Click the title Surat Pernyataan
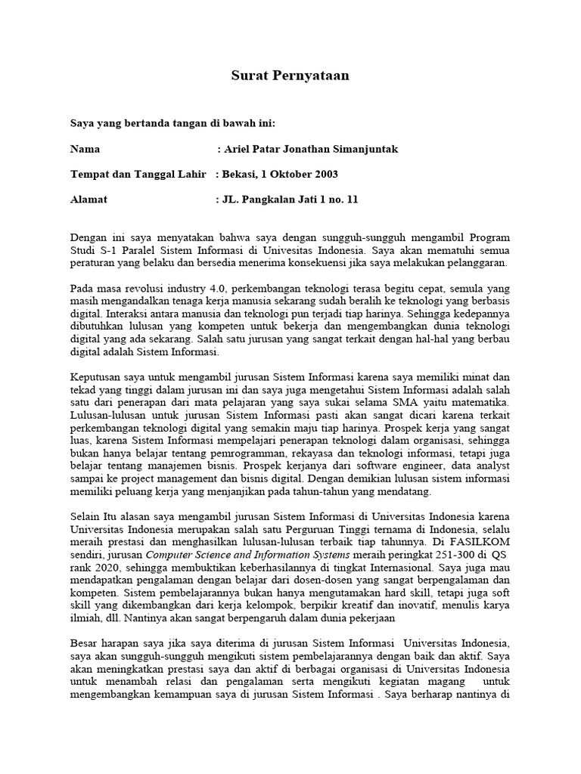tap(290, 76)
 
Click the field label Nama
tap(85, 149)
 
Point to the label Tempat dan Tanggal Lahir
tap(138, 175)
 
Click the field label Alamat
tap(89, 200)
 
